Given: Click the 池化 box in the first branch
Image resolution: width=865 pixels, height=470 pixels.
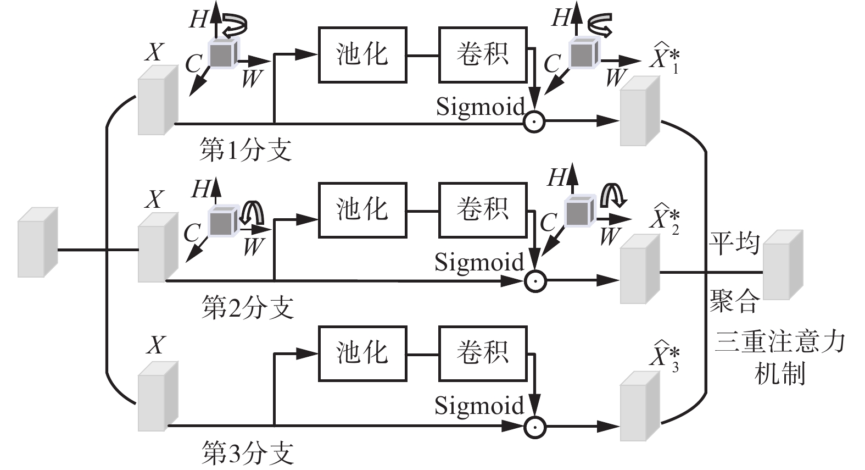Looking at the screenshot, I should click(362, 55).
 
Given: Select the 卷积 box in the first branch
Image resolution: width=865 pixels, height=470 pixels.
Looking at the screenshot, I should click(483, 55).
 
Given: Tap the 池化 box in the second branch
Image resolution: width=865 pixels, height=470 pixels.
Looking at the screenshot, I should click(362, 210).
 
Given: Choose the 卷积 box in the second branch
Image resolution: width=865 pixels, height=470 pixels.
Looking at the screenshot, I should click(483, 210).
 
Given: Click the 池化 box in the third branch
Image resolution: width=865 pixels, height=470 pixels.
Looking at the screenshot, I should click(362, 353).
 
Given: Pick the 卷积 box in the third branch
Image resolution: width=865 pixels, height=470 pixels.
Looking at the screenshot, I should click(483, 353).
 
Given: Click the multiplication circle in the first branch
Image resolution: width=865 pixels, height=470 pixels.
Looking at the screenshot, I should click(534, 121).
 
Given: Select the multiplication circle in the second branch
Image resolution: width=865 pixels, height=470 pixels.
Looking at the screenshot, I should click(534, 281).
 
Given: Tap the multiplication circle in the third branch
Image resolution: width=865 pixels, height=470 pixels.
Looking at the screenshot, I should click(534, 426).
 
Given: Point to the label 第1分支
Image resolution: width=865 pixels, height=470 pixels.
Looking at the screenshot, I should click(245, 150).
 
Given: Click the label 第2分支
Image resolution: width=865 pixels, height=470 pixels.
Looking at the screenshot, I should click(247, 308).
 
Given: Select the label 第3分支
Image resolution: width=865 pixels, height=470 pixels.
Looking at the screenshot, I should click(247, 453).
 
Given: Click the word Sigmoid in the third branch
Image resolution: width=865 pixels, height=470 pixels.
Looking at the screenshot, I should click(479, 406).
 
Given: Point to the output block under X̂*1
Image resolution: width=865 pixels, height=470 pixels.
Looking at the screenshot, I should click(640, 111).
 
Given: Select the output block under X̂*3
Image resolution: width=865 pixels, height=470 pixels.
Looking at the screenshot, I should click(640, 407).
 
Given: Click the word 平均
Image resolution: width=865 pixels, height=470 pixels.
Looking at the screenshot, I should click(734, 244).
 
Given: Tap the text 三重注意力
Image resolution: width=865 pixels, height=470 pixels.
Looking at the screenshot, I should click(780, 342).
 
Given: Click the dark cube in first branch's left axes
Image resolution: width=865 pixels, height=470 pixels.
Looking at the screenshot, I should click(222, 54).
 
